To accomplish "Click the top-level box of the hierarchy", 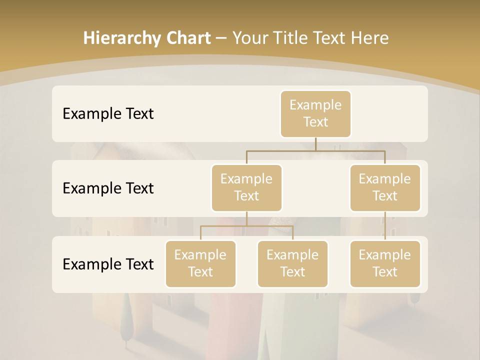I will (x=315, y=113).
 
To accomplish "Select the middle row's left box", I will (x=246, y=187).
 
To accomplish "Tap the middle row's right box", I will (x=385, y=187).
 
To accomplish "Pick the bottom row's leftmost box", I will (x=200, y=263).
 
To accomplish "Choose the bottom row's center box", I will (x=292, y=263).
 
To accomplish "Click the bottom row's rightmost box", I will (x=385, y=263).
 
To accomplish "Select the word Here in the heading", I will (x=370, y=38).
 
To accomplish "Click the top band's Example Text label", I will (x=108, y=114).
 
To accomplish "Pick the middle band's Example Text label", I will (x=108, y=188).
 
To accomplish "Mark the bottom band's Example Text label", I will (x=108, y=264).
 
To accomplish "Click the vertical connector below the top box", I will (x=315, y=144).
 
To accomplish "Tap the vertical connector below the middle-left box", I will (x=246, y=218).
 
